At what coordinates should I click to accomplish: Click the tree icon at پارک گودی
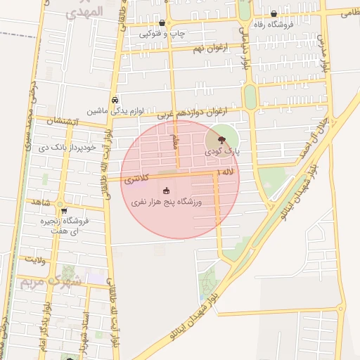222,139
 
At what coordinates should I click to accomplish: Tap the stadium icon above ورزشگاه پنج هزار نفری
167,191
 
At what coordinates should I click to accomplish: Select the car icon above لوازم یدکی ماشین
115,100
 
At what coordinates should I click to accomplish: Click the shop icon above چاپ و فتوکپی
162,23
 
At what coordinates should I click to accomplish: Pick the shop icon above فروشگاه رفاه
274,14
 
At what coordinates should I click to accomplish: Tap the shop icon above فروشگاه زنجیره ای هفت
64,210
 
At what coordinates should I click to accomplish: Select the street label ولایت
35,259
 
